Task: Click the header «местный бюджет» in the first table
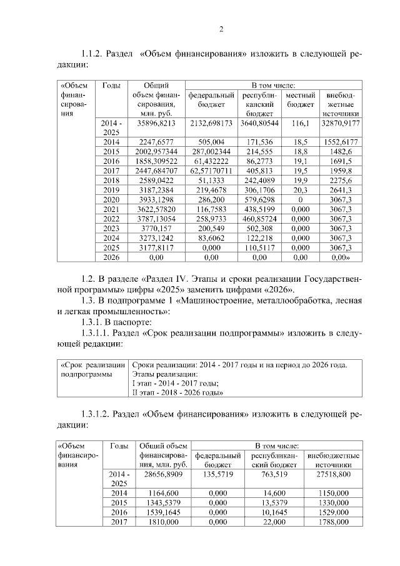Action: coord(300,99)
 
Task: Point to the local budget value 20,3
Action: coord(300,189)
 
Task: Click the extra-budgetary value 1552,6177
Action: coord(340,142)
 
